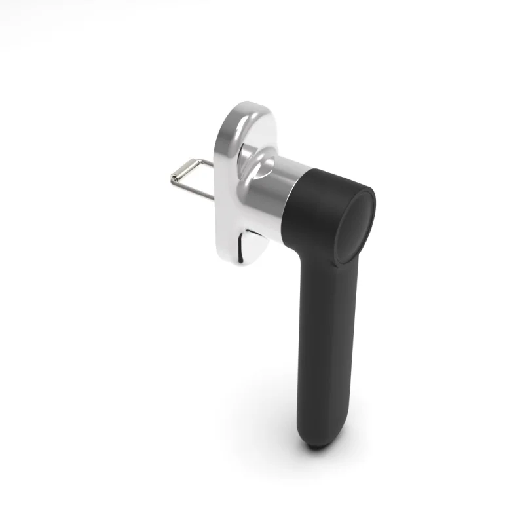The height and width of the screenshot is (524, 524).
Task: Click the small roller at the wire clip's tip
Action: click(x=176, y=176)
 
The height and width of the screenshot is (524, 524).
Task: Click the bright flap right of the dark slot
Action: click(x=255, y=239)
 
